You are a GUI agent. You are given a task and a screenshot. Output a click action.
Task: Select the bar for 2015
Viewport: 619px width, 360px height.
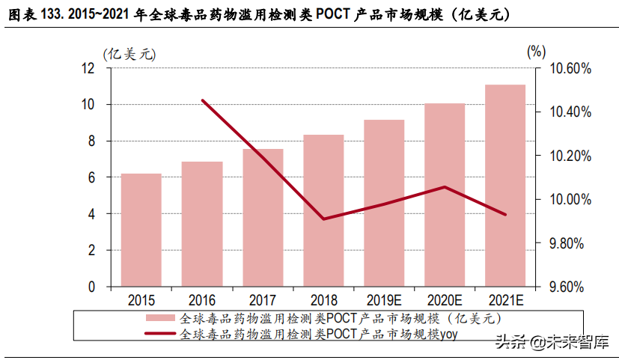(x=141, y=230)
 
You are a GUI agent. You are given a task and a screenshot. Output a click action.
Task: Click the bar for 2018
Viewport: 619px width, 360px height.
(x=323, y=210)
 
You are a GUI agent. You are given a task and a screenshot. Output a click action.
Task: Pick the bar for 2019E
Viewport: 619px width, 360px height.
(x=384, y=203)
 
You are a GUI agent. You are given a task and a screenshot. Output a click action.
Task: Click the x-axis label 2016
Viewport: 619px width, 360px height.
(x=202, y=300)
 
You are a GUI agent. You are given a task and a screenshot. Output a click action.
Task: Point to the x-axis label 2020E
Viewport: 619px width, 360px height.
(x=445, y=300)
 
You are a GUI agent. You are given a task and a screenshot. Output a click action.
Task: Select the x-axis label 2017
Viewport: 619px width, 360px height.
(x=263, y=300)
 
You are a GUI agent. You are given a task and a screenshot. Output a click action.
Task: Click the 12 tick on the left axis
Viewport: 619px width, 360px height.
(x=88, y=68)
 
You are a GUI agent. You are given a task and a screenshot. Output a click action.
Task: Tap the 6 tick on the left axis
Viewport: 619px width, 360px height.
(x=91, y=177)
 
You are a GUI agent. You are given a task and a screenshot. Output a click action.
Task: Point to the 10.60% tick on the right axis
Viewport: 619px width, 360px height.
(x=571, y=68)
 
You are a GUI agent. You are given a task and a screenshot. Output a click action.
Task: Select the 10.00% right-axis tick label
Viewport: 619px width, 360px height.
(x=571, y=200)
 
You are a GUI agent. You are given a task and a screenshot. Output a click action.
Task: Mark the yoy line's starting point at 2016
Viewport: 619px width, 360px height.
(x=202, y=100)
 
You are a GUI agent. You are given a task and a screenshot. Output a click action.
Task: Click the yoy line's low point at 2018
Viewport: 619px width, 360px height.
(x=323, y=219)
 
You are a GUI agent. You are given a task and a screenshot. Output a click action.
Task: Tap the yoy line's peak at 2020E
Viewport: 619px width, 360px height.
(x=445, y=186)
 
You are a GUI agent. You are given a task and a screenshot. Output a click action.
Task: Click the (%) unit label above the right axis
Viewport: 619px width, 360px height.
(x=537, y=52)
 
